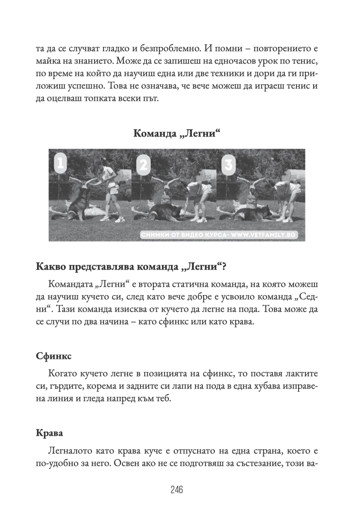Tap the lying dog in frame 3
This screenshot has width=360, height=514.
[249, 212]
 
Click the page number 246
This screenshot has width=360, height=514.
[176, 490]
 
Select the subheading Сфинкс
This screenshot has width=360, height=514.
[54, 357]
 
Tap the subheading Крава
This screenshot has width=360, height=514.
[49, 433]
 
